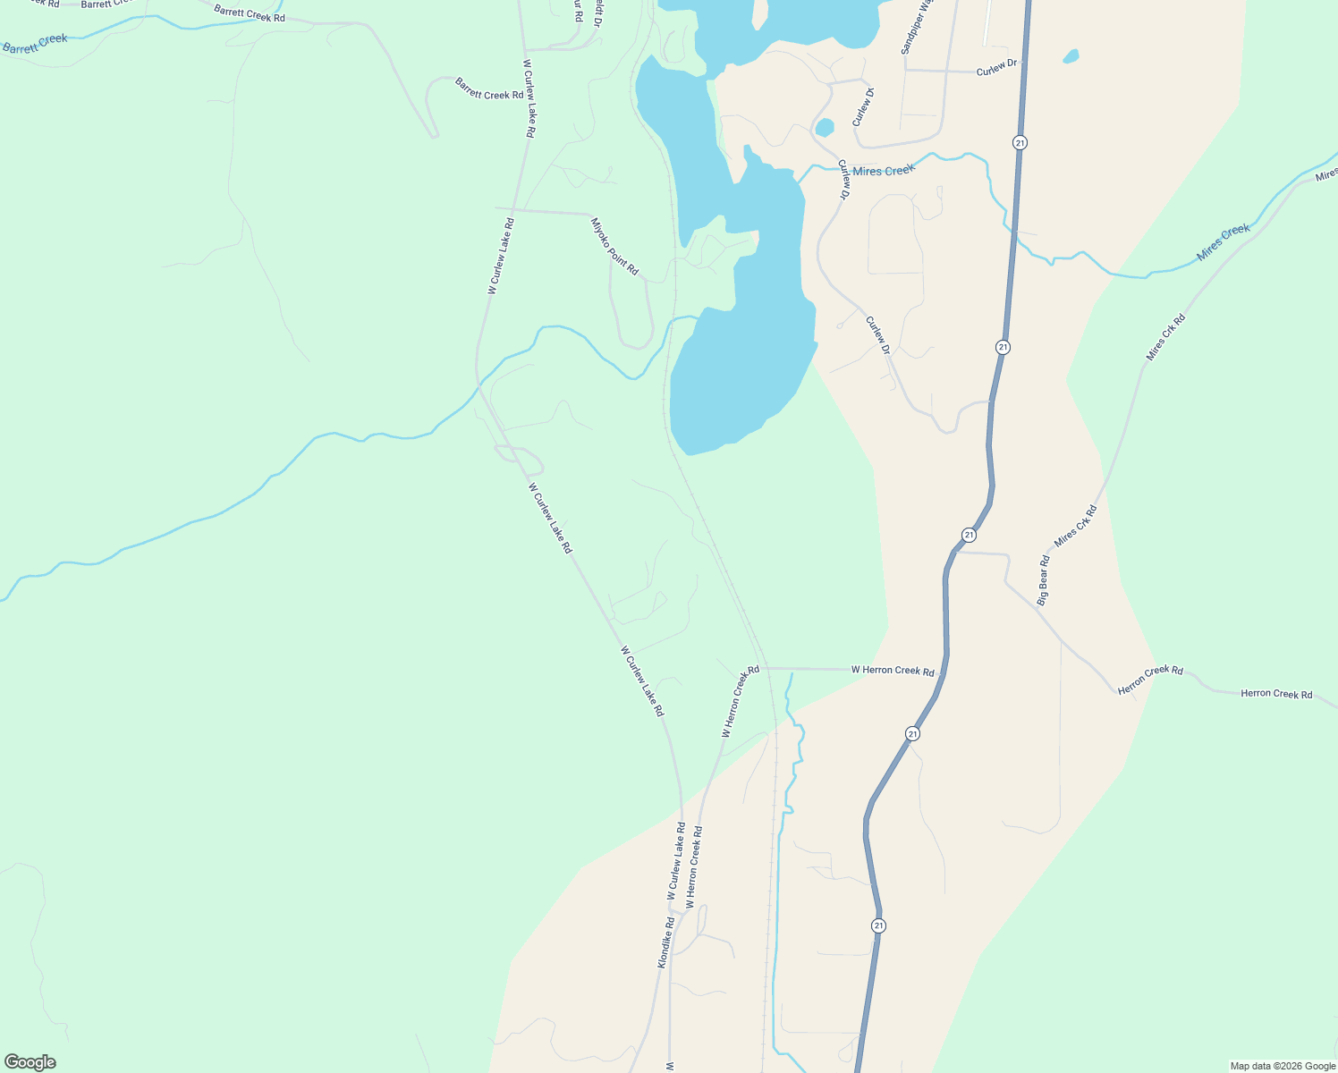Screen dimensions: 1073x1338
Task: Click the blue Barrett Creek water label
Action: point(36,43)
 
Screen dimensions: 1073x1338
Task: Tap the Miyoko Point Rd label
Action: point(614,246)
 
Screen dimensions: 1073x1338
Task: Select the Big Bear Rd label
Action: point(1043,580)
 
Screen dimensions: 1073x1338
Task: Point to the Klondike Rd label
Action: point(665,942)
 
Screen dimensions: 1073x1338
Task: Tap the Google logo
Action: point(30,1062)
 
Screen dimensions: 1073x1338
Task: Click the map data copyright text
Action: point(1283,1066)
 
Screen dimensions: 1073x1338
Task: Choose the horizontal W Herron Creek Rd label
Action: point(892,670)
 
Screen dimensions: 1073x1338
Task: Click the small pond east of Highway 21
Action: point(1071,56)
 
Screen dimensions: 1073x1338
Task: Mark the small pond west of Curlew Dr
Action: point(824,127)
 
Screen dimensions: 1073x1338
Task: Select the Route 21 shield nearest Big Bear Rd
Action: point(969,535)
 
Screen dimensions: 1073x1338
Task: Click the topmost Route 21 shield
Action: point(1020,142)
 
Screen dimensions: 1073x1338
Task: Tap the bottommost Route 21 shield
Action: point(878,925)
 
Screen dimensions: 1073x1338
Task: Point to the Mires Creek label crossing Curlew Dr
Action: point(883,170)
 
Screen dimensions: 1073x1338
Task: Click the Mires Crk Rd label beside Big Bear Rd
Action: point(1075,526)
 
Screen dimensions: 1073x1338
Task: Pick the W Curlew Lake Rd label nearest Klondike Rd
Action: point(675,862)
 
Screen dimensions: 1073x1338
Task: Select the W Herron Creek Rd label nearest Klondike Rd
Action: point(694,867)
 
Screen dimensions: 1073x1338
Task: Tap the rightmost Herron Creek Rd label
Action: point(1276,694)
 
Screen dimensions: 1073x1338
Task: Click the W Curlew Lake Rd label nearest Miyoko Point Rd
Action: point(501,257)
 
